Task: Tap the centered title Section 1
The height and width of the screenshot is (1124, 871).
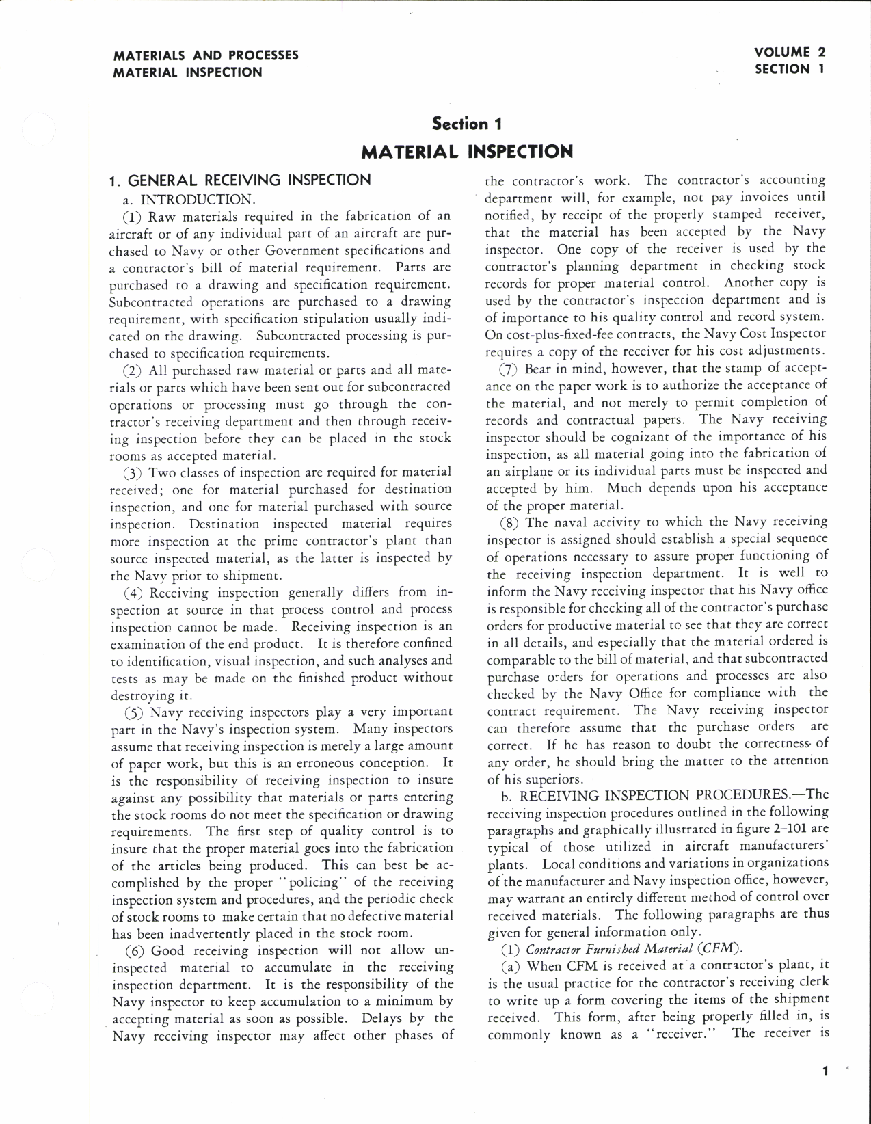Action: pyautogui.click(x=467, y=124)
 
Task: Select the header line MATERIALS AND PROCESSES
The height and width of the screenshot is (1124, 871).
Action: pyautogui.click(x=206, y=55)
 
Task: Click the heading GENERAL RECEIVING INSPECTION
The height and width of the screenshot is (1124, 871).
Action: pyautogui.click(x=250, y=180)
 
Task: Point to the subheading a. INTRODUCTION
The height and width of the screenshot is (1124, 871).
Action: pyautogui.click(x=197, y=200)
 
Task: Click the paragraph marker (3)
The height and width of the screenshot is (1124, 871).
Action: pyautogui.click(x=133, y=472)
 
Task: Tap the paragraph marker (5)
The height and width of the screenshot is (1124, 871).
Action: pyautogui.click(x=133, y=712)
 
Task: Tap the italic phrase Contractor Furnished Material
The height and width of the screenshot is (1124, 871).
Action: pyautogui.click(x=609, y=949)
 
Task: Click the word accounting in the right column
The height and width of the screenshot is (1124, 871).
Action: pyautogui.click(x=786, y=180)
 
